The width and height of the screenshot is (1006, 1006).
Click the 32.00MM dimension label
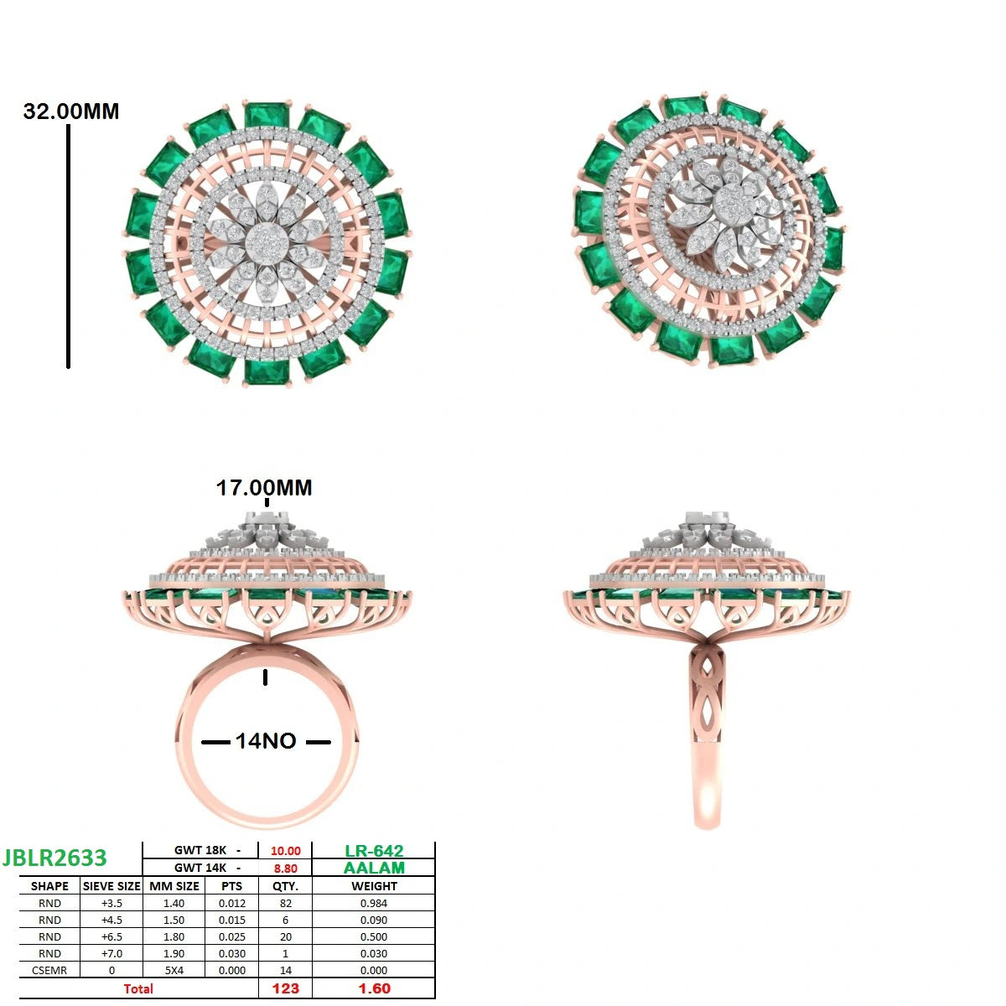point(71,111)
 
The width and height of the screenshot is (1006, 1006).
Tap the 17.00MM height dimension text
point(264,488)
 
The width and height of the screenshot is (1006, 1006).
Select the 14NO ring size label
point(266,741)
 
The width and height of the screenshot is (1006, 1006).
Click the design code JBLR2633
point(54,858)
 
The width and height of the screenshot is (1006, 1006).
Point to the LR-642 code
point(374,851)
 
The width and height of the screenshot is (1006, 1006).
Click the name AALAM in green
point(374,869)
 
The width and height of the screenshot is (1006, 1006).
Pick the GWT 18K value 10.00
point(286,851)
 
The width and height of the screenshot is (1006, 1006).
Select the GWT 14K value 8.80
point(286,869)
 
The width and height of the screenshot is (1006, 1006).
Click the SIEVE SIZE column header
point(111,886)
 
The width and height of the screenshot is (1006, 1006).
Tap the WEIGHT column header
point(374,886)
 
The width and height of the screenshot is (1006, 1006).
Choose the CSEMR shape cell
point(49,971)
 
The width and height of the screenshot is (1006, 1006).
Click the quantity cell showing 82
point(286,904)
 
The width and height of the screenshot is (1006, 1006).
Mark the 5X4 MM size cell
point(174,971)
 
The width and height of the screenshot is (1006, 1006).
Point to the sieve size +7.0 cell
point(111,954)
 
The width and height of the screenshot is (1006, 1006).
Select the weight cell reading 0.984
point(374,904)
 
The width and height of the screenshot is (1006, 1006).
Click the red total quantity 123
point(286,988)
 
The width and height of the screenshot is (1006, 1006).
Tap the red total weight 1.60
point(374,988)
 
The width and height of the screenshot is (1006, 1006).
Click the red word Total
point(138,988)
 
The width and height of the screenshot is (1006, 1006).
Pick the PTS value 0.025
point(231,937)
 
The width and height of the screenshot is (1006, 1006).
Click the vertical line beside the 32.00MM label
point(69,246)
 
